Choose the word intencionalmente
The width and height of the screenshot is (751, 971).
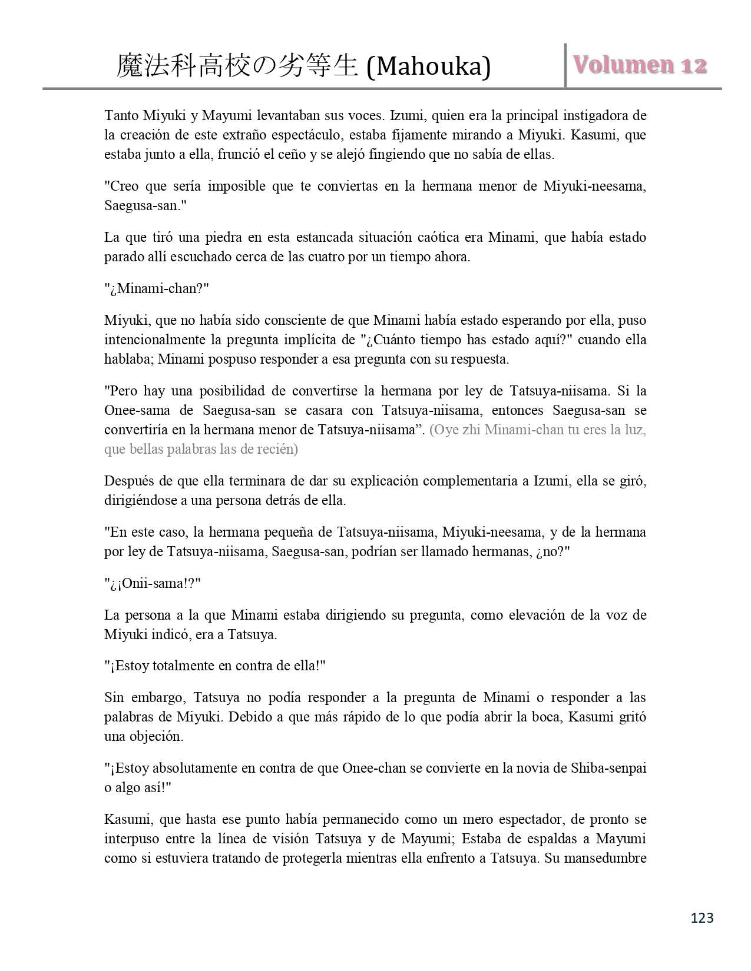155,340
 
